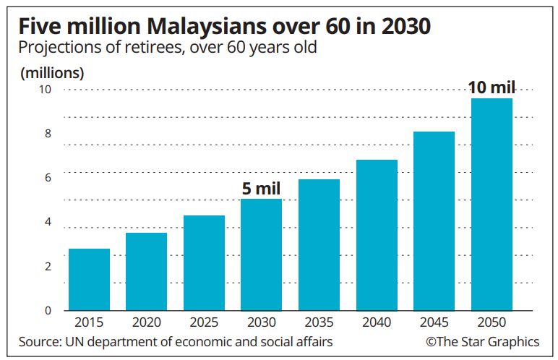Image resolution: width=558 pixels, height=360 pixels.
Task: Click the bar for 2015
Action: coord(89,280)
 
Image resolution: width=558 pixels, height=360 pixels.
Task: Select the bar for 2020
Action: coord(146,272)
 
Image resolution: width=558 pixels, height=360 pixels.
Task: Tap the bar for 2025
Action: coord(204,263)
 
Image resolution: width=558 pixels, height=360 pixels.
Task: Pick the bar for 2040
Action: coord(377,236)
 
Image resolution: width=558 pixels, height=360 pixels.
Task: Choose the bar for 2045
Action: coord(434,221)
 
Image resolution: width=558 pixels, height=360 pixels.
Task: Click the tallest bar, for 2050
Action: coord(492,205)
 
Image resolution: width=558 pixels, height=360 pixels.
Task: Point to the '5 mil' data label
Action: coord(261,189)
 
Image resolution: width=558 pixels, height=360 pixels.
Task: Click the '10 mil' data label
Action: coord(492,88)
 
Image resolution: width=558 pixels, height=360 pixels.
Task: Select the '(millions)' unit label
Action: coord(52,73)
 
